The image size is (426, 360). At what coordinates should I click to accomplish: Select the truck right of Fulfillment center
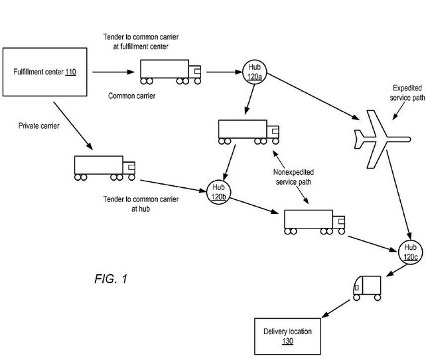(x=171, y=71)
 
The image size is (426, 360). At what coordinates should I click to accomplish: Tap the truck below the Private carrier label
(x=104, y=167)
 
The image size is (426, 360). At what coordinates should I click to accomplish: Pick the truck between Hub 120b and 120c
(x=314, y=221)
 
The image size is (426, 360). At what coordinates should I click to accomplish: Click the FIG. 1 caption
(x=111, y=279)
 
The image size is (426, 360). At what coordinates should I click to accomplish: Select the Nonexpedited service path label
(x=293, y=176)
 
